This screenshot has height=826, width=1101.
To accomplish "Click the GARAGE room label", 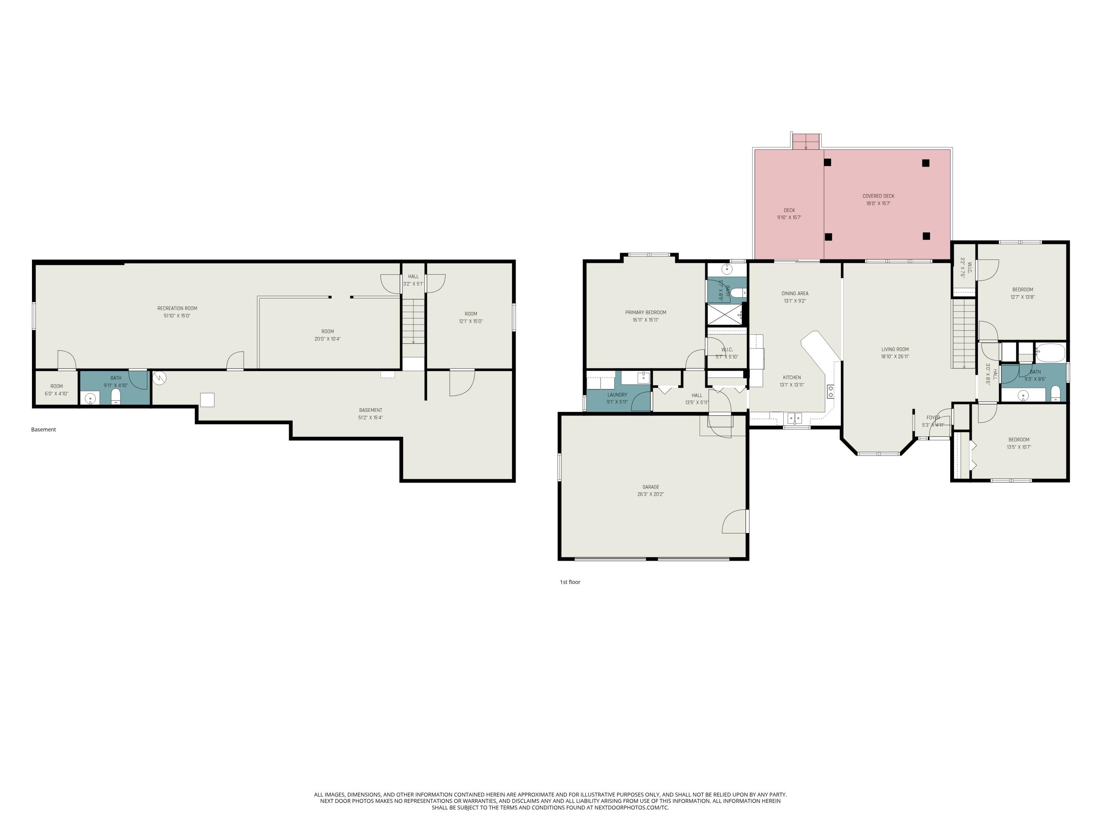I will point(651,487).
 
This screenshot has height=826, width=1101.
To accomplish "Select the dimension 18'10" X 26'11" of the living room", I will point(895,356).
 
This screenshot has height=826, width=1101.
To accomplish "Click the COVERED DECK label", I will point(879,196).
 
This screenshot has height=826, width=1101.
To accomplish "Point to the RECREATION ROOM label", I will point(177,308).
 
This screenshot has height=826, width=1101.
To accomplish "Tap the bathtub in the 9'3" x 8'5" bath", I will point(1050,352).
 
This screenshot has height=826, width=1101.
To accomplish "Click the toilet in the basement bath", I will point(116,396).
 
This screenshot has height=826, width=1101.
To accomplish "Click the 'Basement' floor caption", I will point(43,430).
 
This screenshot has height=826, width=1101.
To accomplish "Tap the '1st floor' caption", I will point(570,582).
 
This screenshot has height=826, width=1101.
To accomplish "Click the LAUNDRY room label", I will point(617,395).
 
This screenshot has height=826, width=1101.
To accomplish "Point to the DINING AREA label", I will point(795,293).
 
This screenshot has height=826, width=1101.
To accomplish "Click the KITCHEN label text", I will point(792,377).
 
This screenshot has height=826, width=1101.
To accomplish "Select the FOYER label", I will point(933,418).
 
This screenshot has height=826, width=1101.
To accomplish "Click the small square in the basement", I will point(207,400).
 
